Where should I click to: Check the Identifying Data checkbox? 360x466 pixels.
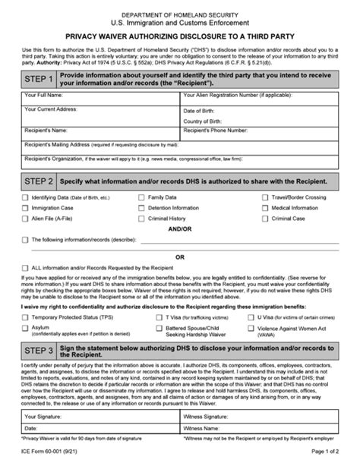tap(25, 197)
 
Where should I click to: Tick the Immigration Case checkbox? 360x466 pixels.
tap(25, 208)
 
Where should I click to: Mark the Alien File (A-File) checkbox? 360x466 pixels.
tap(25, 219)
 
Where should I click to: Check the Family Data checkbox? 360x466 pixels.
tap(141, 197)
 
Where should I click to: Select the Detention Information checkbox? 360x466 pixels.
tap(141, 208)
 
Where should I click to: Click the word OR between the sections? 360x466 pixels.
tap(180, 258)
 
